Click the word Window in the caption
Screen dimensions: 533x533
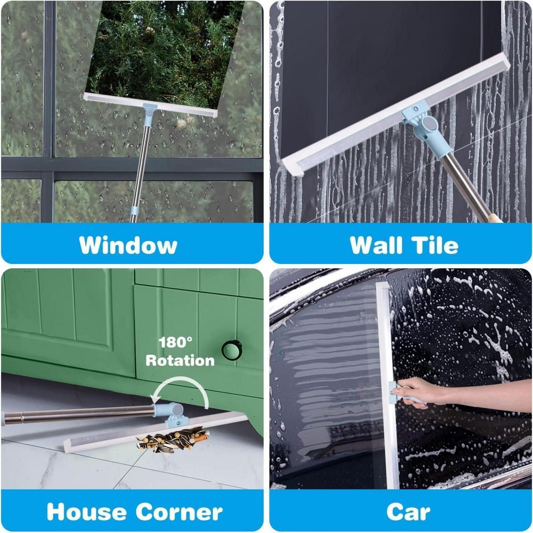(128, 245)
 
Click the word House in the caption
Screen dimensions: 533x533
(86, 512)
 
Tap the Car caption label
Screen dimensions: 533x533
(408, 512)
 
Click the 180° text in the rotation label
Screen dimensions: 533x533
(175, 343)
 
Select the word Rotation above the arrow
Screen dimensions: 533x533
(180, 360)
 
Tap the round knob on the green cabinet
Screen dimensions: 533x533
(231, 350)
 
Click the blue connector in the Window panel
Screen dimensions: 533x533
(149, 111)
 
